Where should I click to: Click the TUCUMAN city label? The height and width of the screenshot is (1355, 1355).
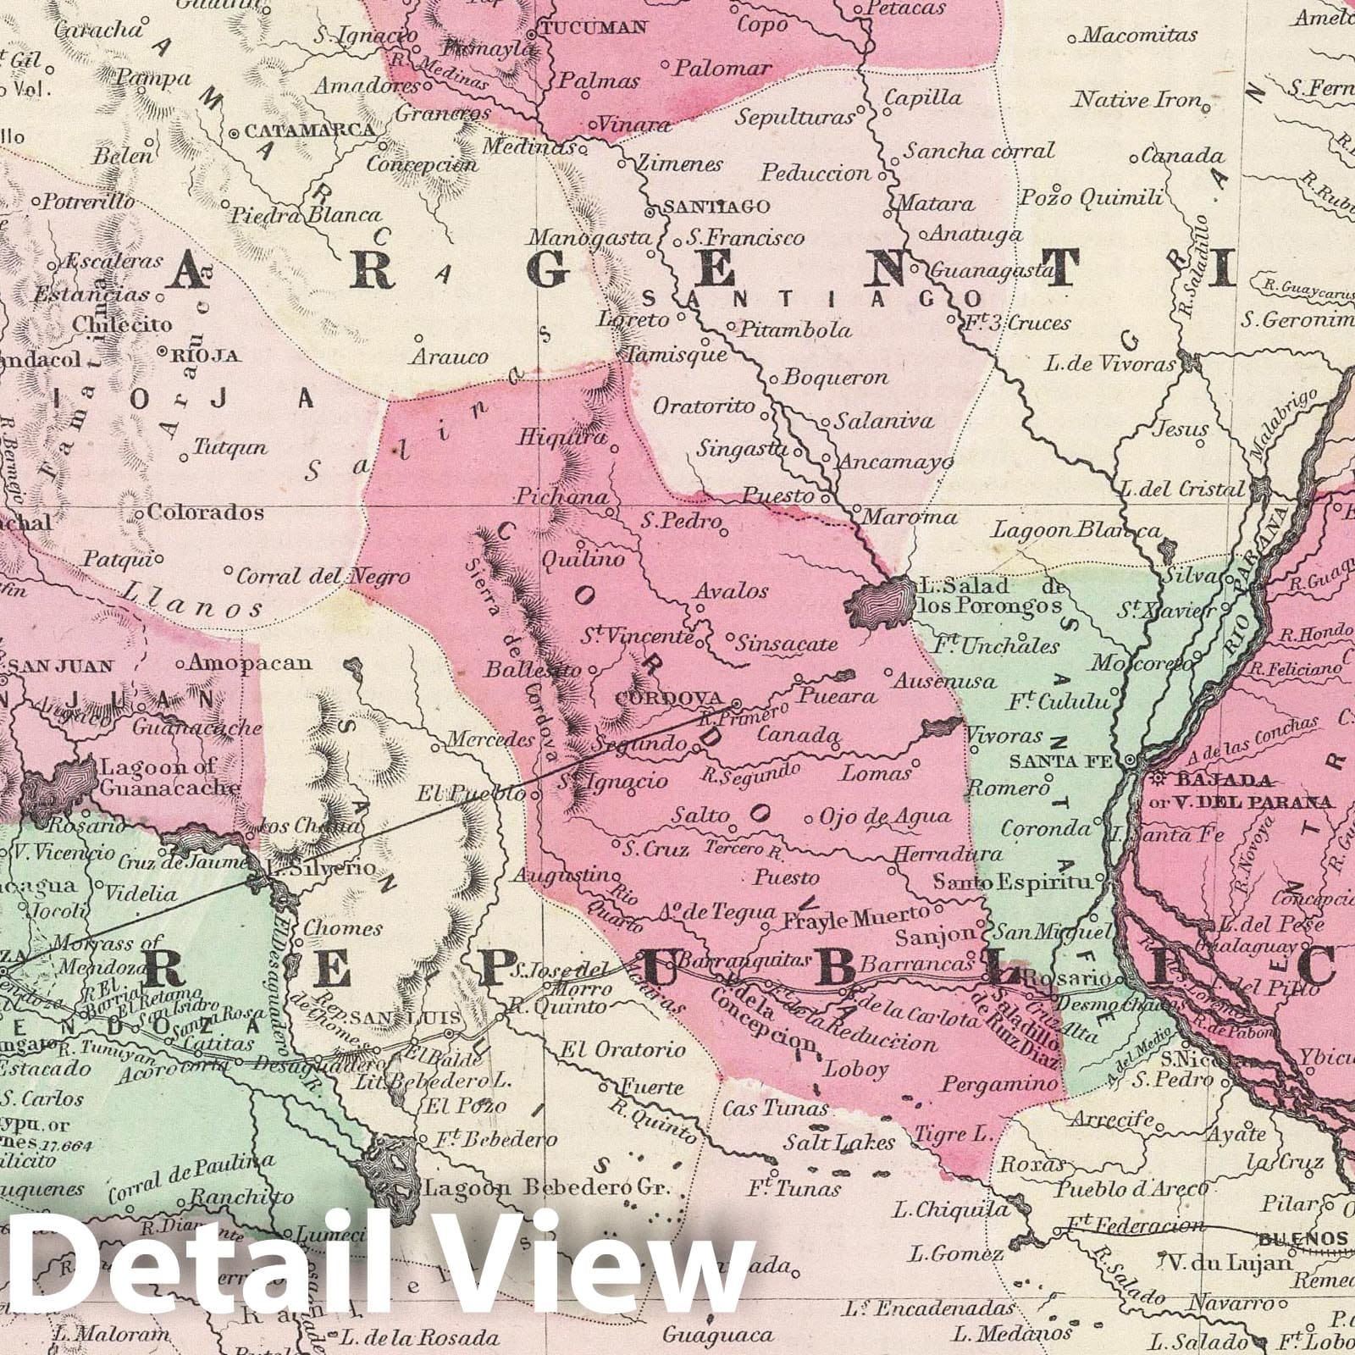click(594, 28)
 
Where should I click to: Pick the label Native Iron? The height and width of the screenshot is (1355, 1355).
click(1137, 101)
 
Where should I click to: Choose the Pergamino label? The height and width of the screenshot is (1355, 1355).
click(1000, 1084)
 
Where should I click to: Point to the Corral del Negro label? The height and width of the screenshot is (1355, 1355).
click(323, 577)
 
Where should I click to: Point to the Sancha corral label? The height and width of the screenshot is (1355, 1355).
click(979, 152)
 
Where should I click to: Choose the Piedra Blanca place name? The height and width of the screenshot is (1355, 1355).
click(307, 215)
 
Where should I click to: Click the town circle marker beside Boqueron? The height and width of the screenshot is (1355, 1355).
click(774, 378)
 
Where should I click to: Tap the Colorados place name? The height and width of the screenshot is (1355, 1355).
click(205, 512)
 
